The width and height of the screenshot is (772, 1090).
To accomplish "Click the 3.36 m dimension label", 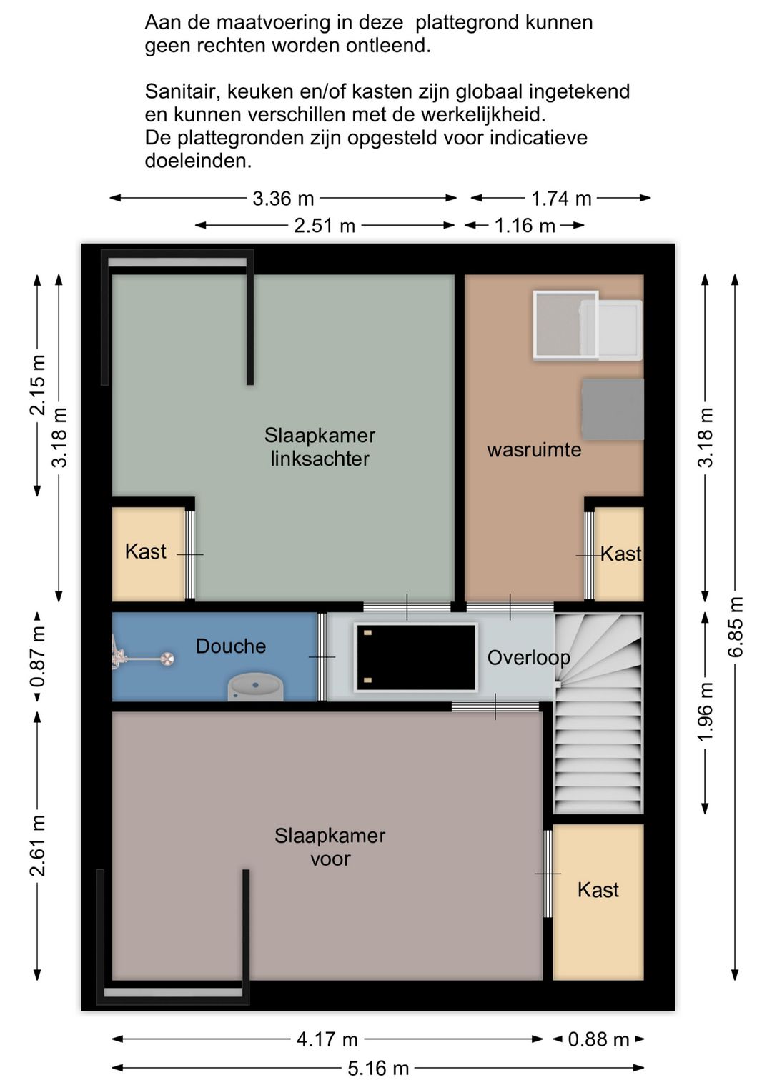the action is click(283, 199).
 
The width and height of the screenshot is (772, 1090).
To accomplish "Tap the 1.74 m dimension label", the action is click(561, 199).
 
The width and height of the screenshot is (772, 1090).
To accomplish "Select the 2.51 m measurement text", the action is click(325, 226).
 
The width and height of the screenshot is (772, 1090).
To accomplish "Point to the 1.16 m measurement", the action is click(525, 226).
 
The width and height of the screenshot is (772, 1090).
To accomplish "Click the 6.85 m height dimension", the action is click(736, 626).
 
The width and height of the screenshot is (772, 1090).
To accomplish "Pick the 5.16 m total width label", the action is click(378, 1068).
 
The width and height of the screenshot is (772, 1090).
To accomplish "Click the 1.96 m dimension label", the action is click(706, 712).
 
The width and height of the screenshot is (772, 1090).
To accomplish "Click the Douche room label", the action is click(231, 646).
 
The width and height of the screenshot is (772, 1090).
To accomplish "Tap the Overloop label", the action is click(528, 658).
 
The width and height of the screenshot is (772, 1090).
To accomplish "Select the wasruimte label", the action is click(534, 449).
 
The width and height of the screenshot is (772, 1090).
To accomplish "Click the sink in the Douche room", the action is click(255, 686).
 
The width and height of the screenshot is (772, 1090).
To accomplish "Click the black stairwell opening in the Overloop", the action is click(416, 657).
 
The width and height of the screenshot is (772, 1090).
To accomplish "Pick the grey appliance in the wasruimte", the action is click(613, 409).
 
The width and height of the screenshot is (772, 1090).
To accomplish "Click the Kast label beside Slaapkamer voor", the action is click(598, 890).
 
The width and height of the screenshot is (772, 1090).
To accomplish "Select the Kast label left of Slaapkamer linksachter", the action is click(145, 551).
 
